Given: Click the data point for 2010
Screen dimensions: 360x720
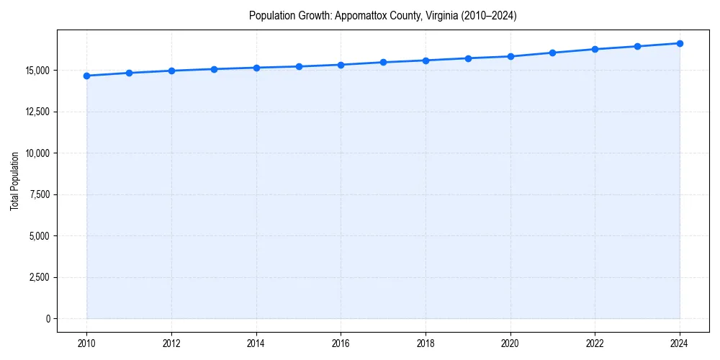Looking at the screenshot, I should pos(86,76).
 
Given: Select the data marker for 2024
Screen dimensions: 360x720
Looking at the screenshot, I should pos(680,43).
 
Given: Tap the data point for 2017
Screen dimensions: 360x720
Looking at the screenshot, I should pos(383,62).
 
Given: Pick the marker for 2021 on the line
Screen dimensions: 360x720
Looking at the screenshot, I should pos(552,53).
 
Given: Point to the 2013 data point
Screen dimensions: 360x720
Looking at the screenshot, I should pos(214,69).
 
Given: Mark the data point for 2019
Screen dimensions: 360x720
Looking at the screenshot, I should pos(468,58).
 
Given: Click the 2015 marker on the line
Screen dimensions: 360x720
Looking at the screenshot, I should pos(299,66).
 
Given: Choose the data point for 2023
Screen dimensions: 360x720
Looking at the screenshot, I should pos(637,46).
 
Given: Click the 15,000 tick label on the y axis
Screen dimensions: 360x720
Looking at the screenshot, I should pos(37,71).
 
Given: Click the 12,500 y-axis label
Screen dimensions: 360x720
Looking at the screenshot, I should pos(37,112).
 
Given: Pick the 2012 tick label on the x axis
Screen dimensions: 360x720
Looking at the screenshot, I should pos(171,343).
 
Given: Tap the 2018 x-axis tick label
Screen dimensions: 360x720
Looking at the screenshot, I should pos(426,343).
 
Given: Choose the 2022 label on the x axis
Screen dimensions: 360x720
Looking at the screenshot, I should pos(595,343).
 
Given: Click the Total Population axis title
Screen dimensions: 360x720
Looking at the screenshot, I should pos(14,181).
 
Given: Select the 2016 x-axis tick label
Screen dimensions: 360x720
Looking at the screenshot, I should pos(341,343).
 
